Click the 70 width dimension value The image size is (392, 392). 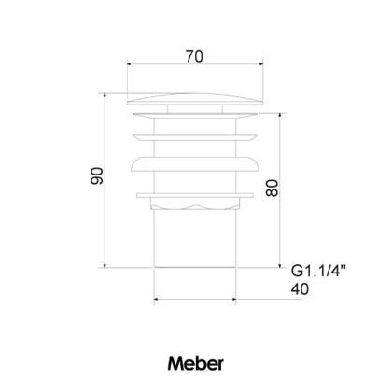click(x=194, y=57)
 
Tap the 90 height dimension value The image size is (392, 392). click(x=97, y=175)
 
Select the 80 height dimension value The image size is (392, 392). click(x=273, y=188)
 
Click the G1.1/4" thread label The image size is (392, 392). click(x=318, y=271)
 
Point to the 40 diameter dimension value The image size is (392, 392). click(x=300, y=289)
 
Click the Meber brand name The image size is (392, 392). click(x=196, y=363)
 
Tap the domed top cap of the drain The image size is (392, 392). click(x=195, y=99)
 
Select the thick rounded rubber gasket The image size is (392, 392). click(x=195, y=164)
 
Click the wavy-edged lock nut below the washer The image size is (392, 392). click(x=195, y=203)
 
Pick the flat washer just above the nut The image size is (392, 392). click(x=195, y=195)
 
